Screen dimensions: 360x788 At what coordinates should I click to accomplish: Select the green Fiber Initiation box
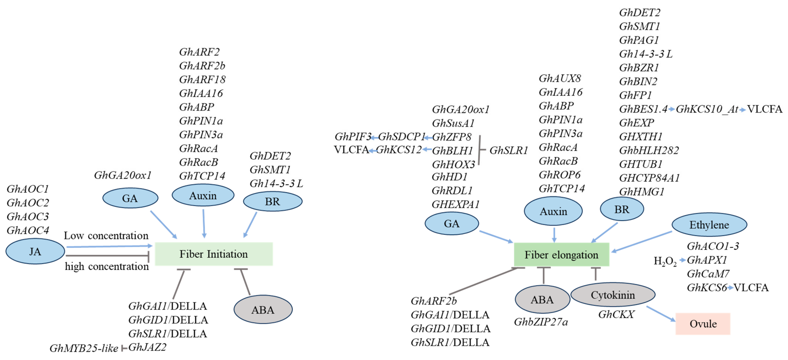tap(213, 254)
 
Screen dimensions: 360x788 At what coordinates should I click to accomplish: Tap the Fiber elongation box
tap(561, 255)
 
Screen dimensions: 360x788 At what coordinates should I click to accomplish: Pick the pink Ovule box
tap(703, 324)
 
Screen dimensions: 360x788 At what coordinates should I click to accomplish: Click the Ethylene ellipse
tap(709, 225)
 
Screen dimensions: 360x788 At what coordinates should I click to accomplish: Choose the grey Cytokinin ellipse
tap(613, 295)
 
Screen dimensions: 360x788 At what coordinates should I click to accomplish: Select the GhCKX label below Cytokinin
tap(616, 314)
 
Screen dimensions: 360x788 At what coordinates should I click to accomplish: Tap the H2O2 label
tap(665, 261)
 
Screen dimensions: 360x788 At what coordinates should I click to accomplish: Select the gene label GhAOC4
tap(28, 230)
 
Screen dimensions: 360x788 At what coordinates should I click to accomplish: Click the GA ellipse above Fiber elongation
tap(451, 224)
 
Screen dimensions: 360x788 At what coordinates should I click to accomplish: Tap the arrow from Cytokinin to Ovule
tap(661, 314)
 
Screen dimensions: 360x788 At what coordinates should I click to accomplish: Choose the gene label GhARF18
tap(202, 79)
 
